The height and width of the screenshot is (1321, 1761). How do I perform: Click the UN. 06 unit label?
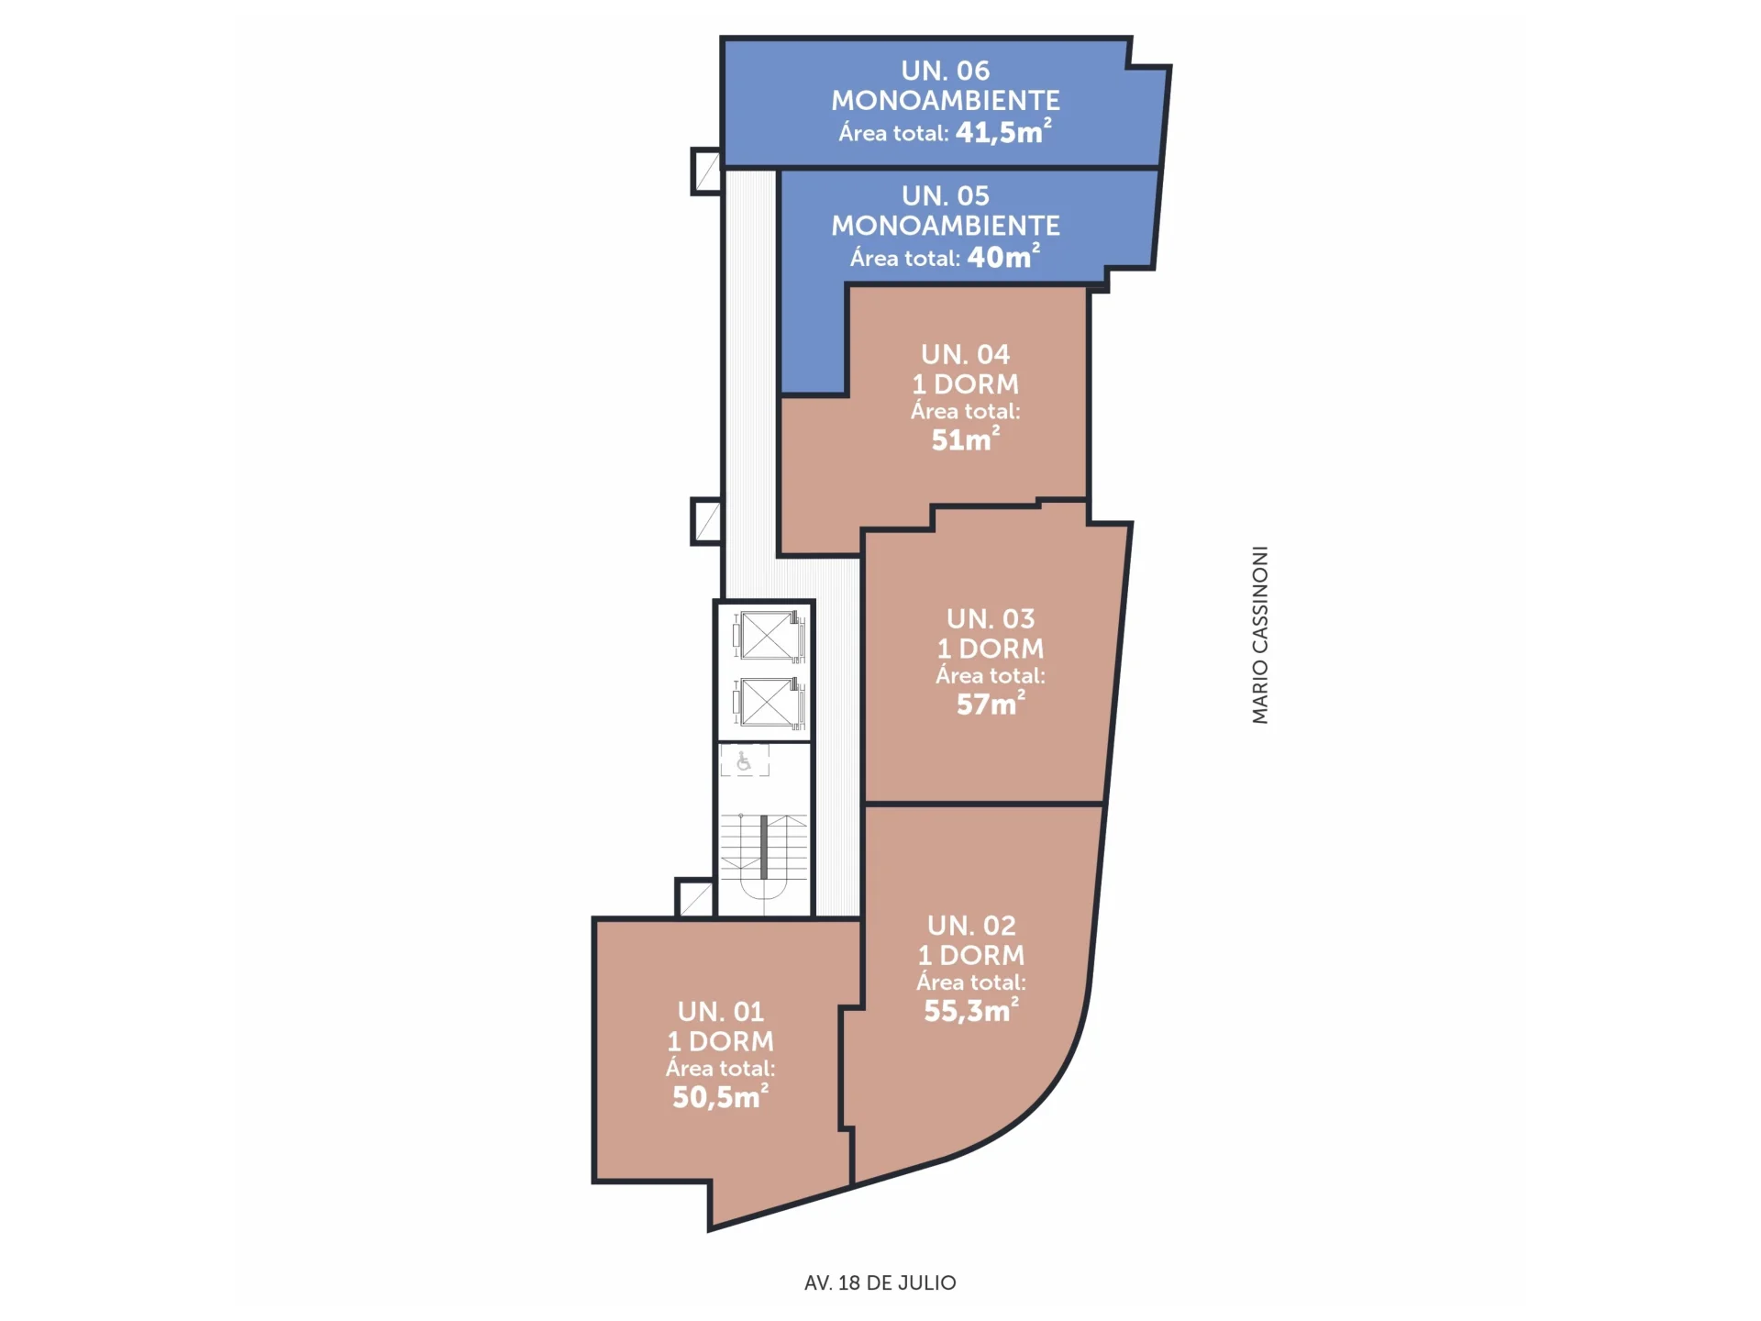pos(945,71)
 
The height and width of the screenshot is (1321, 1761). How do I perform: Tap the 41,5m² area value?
pos(1003,131)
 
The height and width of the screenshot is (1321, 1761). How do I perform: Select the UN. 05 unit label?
pos(945,195)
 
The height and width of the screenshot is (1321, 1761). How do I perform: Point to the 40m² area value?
pos(1003,256)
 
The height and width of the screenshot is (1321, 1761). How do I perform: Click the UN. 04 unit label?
pos(965,354)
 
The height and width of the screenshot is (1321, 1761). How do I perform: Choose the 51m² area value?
pos(965,438)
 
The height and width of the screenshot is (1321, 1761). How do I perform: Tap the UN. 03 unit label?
pos(991,618)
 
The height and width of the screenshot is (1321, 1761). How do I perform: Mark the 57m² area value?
pos(991,703)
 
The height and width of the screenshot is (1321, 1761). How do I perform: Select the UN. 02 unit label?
pos(971,925)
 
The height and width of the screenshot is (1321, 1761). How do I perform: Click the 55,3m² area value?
pos(971,1009)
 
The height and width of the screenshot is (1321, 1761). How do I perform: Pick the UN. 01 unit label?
pos(720,1011)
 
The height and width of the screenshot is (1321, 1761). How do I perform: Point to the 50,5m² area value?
pos(720,1096)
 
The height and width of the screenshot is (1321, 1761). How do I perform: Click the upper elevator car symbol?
pos(769,636)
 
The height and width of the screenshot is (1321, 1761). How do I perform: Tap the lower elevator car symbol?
pos(769,703)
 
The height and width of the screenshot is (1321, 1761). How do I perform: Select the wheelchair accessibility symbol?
pos(744,760)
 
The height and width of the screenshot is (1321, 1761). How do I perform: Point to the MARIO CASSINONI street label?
pos(1260,635)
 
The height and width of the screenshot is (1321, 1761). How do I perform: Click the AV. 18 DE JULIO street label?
pos(880,1282)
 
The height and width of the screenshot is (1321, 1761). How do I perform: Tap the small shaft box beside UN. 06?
pos(706,172)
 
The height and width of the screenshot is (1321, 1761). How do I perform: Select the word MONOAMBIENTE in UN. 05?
pos(945,226)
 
